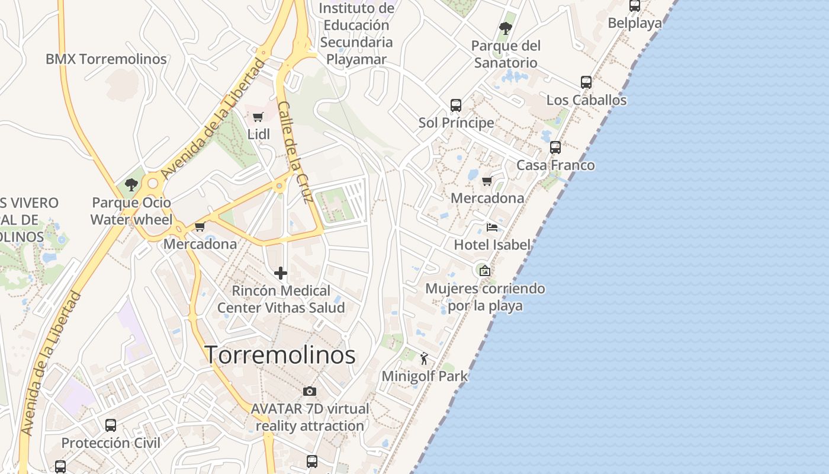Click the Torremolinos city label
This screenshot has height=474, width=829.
tap(280, 355)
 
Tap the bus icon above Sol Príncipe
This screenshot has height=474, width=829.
tap(456, 105)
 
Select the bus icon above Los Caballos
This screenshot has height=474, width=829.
tap(586, 82)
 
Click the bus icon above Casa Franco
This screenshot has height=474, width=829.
tap(555, 148)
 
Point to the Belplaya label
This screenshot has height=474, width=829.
tap(635, 23)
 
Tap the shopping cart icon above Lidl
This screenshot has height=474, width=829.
tap(258, 117)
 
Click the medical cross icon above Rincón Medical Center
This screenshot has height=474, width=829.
tap(281, 273)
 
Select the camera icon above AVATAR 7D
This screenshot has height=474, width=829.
tap(309, 391)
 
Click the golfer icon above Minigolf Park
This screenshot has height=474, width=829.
tap(424, 358)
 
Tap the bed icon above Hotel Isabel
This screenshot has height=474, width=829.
tap(492, 227)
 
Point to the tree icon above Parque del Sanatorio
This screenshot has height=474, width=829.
tap(505, 28)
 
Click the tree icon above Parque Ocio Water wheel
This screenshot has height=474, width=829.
tap(131, 185)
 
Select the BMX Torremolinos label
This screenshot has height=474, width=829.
tap(106, 59)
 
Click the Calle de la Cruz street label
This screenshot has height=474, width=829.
tap(294, 152)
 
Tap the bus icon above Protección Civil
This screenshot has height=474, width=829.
tap(111, 425)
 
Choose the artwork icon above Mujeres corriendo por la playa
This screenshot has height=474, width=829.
tap(485, 271)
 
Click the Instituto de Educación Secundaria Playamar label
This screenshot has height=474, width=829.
tap(356, 34)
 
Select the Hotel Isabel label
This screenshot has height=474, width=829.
tap(492, 245)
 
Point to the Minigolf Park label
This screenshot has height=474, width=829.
tap(425, 376)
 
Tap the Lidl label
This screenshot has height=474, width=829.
tap(258, 134)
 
